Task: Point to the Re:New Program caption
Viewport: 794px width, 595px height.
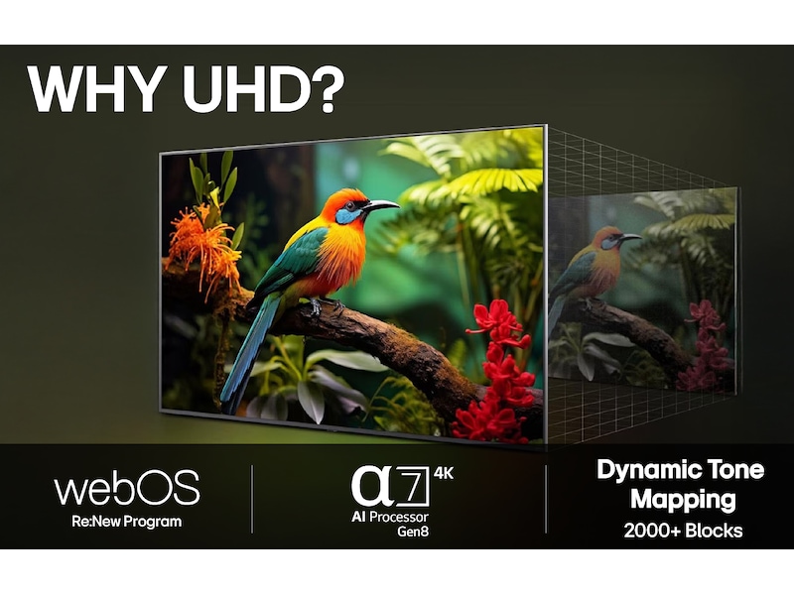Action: click(127, 521)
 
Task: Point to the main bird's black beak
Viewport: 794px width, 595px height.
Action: click(380, 206)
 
